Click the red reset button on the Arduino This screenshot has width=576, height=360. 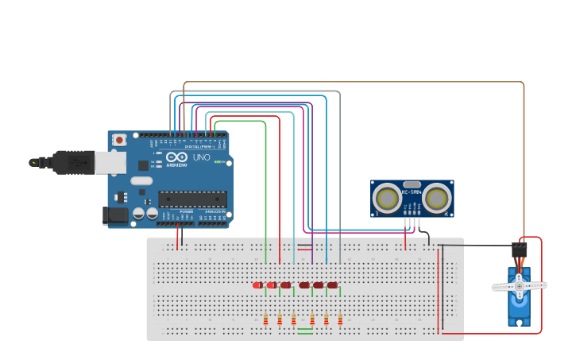coord(119,140)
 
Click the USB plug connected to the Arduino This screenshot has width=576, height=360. coord(75,162)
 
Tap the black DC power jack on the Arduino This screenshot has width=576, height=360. coord(116,215)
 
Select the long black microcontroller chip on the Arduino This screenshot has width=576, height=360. coord(191,199)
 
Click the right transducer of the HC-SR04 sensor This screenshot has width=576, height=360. coord(436,199)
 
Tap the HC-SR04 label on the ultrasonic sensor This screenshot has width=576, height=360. coord(412,192)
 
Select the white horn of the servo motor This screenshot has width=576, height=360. coord(519,285)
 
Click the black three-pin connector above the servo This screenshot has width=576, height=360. coord(520,250)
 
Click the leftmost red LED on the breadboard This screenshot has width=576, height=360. coord(257,285)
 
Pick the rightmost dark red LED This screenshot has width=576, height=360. coord(332,285)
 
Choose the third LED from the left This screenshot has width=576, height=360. coord(285,285)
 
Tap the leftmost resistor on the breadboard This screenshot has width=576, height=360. coord(265,319)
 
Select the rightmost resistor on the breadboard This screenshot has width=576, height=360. coord(340,319)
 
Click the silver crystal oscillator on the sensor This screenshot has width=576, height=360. coord(412,184)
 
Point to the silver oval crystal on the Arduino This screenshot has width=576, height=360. coord(141,180)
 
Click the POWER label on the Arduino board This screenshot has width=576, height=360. coord(185,211)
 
